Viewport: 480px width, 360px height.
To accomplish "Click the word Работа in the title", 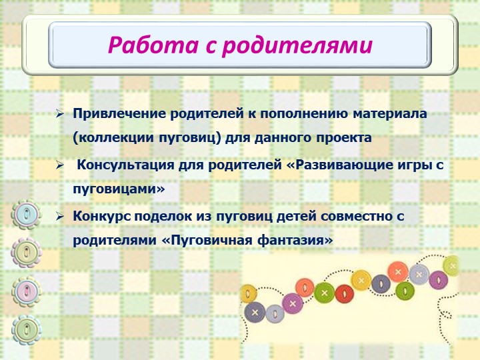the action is click(x=153, y=45).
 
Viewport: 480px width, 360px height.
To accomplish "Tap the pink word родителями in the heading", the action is click(x=297, y=45).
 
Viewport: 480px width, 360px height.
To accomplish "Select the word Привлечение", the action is click(x=119, y=114).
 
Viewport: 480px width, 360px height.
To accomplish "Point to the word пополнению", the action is click(x=304, y=114).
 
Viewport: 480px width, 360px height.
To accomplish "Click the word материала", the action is click(x=390, y=113).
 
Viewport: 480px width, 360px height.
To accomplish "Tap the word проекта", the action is click(x=344, y=138).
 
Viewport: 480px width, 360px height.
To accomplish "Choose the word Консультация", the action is click(x=125, y=165).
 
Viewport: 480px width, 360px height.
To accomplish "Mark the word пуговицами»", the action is click(x=119, y=189).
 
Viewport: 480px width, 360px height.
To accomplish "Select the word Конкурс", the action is click(x=102, y=216).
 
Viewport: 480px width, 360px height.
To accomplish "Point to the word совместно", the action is click(x=357, y=216).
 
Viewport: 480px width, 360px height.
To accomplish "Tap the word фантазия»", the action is click(x=295, y=240).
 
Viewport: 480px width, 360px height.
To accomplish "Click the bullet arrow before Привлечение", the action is click(x=59, y=114).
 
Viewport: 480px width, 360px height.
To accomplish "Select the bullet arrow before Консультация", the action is click(x=59, y=165).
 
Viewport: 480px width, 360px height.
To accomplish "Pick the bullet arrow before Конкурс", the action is click(x=59, y=217).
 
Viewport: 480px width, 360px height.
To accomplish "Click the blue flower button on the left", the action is click(x=26, y=214).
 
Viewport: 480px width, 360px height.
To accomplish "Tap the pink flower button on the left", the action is click(x=26, y=291).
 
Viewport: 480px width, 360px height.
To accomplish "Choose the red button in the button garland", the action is click(x=345, y=294).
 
